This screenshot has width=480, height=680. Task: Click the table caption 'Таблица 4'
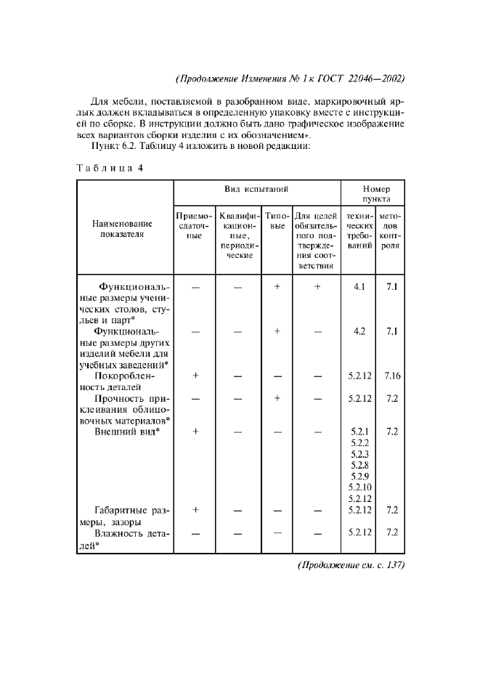point(110,169)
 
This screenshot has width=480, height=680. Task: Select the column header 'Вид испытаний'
point(256,189)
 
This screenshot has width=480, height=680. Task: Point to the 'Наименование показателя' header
point(123,229)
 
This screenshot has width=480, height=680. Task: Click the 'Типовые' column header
point(276,221)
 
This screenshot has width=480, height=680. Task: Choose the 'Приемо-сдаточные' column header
point(194,226)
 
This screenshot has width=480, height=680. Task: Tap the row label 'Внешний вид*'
point(127,432)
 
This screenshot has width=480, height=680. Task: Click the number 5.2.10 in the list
point(359,487)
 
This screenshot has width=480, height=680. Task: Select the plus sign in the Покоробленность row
point(195,376)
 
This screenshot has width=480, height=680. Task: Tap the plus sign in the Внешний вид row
point(195,432)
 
